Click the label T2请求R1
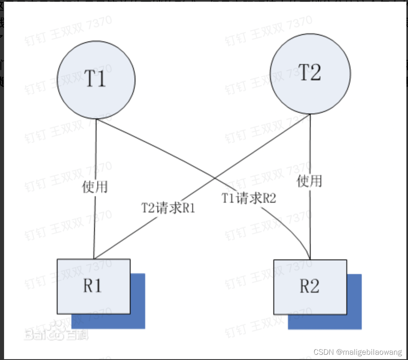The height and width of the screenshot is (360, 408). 168,208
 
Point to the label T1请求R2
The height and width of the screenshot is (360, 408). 249,198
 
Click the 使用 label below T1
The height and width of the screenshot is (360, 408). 95,187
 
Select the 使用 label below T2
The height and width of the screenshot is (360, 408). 310,181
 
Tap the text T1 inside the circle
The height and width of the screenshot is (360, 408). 96,78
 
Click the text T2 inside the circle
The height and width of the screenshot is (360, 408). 310,73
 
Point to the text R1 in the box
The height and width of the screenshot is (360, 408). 93,286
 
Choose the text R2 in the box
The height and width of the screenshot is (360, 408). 309,286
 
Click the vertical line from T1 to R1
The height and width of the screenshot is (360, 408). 95,154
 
